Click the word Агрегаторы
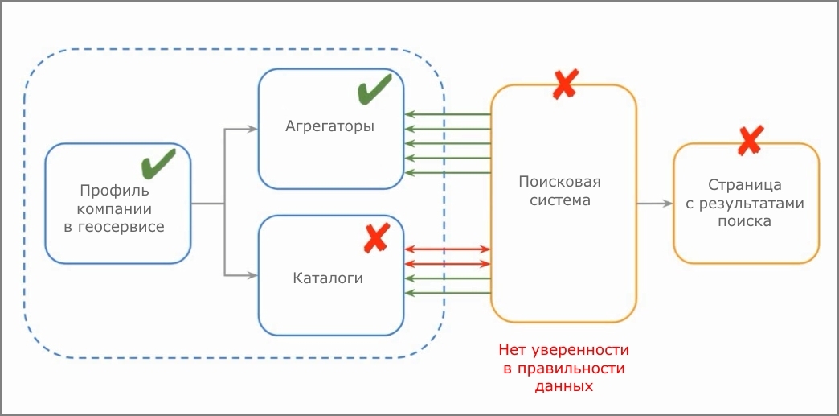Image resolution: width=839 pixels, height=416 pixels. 329,126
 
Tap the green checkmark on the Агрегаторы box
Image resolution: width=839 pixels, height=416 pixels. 374,89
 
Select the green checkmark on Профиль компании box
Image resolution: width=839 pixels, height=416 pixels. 158,163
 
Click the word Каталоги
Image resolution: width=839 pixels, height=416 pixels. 328,278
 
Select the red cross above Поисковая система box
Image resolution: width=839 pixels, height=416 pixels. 565,84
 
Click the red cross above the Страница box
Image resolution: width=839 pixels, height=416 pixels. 750,140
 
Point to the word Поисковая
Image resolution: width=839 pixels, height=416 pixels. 559,182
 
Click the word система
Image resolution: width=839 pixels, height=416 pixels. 560,200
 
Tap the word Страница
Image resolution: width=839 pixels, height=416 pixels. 744,185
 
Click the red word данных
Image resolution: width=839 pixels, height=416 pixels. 563,386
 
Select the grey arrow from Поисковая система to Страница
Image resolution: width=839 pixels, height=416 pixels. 654,204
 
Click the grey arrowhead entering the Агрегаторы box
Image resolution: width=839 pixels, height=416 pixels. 252,129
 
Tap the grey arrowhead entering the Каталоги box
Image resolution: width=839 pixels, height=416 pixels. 252,276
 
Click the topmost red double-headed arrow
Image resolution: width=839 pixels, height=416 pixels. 448,249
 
